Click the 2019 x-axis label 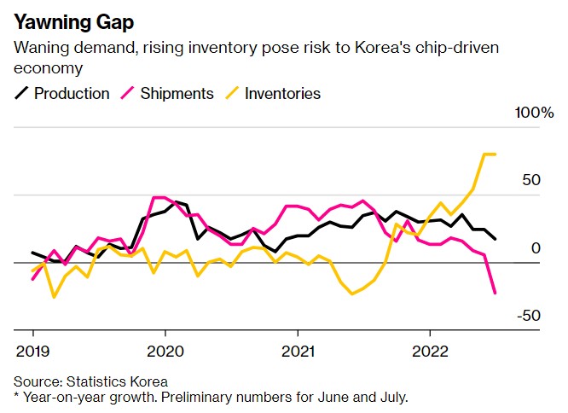(x=33, y=350)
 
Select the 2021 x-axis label (x=297, y=350)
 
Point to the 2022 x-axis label (x=428, y=350)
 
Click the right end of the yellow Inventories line (x=496, y=154)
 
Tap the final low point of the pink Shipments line (x=496, y=294)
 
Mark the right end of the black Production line (x=496, y=239)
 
